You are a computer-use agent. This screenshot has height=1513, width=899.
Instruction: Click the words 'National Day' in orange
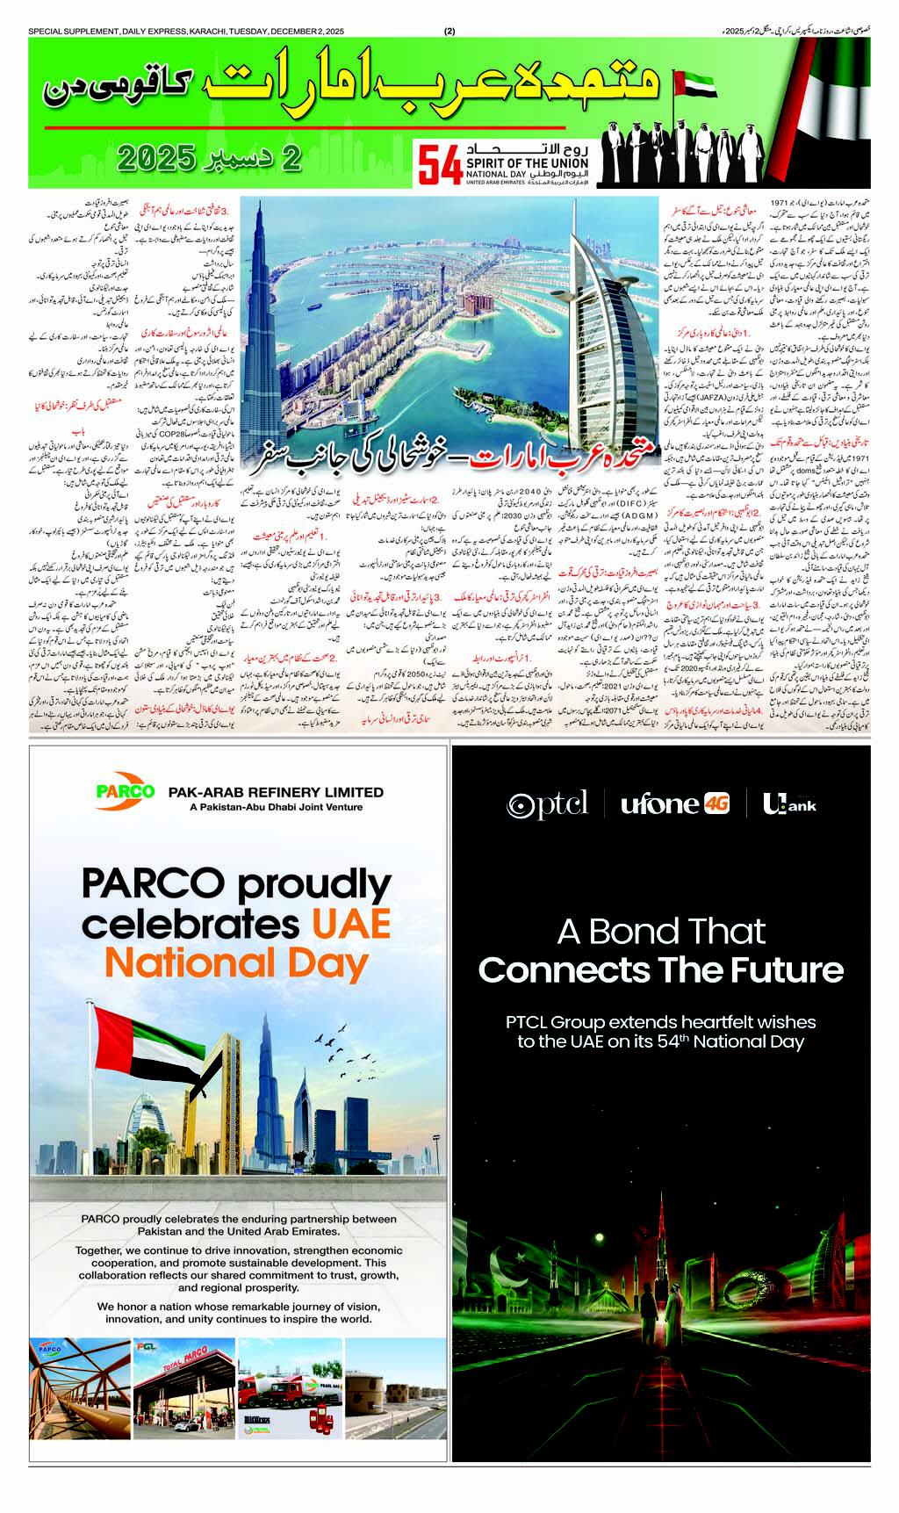(235, 963)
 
